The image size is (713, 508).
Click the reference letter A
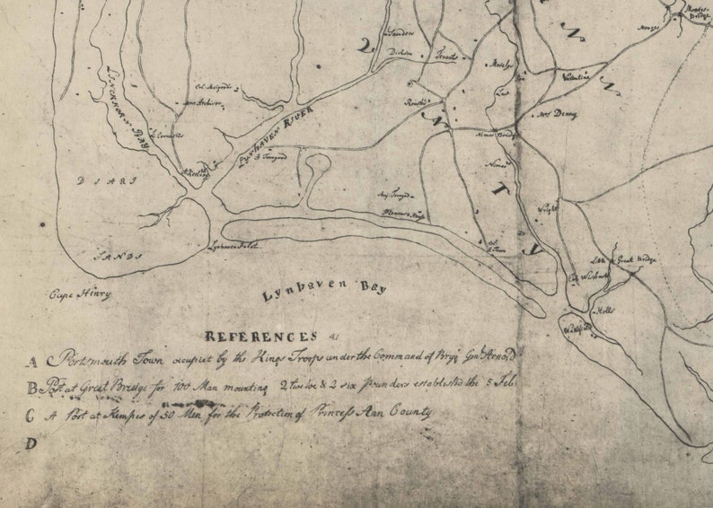(31, 363)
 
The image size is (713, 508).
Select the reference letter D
(31, 442)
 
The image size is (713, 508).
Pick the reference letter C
(31, 415)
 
